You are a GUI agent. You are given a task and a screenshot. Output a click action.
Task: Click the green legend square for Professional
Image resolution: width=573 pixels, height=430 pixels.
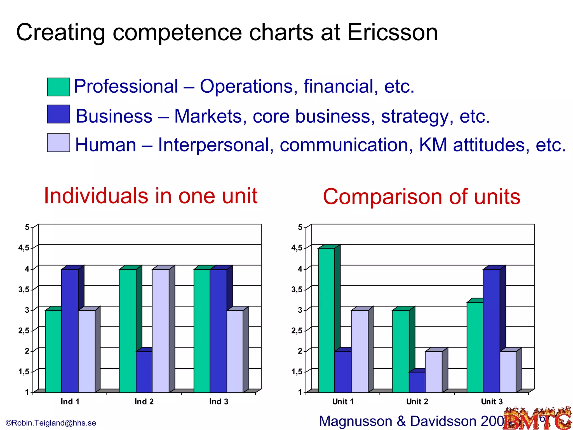58,87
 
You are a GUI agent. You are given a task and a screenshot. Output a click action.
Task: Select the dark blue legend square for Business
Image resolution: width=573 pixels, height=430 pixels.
58,114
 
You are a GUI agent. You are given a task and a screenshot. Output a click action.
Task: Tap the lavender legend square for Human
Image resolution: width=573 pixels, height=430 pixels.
58,143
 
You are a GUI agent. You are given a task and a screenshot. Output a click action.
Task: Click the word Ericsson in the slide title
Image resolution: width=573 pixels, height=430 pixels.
392,32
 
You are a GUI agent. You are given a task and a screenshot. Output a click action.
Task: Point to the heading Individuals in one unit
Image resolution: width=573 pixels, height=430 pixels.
151,196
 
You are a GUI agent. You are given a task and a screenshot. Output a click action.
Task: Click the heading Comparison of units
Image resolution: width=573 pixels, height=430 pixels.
421,197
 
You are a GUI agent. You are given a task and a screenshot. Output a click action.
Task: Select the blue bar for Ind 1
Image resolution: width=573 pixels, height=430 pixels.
70,330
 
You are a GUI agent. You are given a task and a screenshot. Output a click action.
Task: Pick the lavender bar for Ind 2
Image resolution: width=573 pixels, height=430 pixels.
161,330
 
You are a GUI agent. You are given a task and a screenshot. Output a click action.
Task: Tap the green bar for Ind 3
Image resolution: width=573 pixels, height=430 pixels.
202,330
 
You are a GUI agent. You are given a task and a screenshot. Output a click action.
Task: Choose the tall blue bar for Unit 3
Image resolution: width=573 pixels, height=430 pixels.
491,330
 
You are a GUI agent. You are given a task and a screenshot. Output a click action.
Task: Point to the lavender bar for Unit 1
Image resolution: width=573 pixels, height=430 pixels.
360,351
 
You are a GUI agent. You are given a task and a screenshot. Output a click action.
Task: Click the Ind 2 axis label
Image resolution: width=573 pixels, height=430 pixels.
144,402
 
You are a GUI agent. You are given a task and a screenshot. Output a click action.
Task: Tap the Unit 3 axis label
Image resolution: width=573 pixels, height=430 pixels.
492,402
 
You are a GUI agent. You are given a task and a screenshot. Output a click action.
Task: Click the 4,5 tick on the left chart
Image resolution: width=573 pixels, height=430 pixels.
24,248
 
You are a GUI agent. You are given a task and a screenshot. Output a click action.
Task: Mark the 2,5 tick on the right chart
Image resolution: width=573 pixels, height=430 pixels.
297,331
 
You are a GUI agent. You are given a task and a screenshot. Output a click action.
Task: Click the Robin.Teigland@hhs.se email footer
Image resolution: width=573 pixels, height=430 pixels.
51,423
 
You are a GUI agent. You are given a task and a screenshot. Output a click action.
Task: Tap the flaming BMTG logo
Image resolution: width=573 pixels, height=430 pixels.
537,419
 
